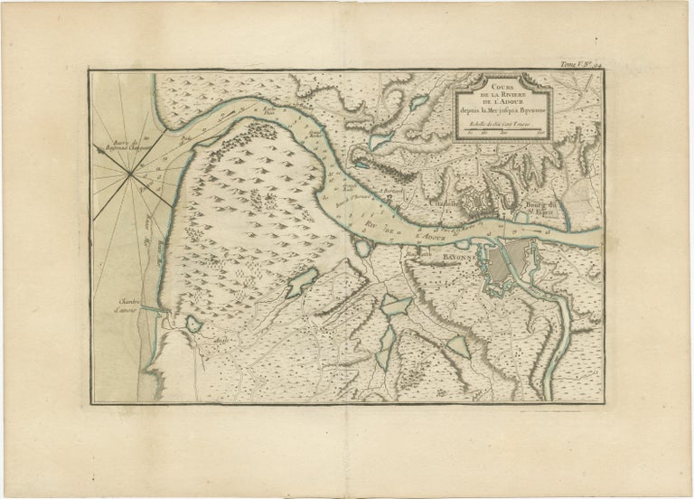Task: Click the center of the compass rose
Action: tap(133, 177)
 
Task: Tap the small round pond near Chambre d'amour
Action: tap(192, 324)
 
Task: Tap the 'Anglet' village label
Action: tap(218, 342)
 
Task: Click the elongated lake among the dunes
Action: tap(302, 283)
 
